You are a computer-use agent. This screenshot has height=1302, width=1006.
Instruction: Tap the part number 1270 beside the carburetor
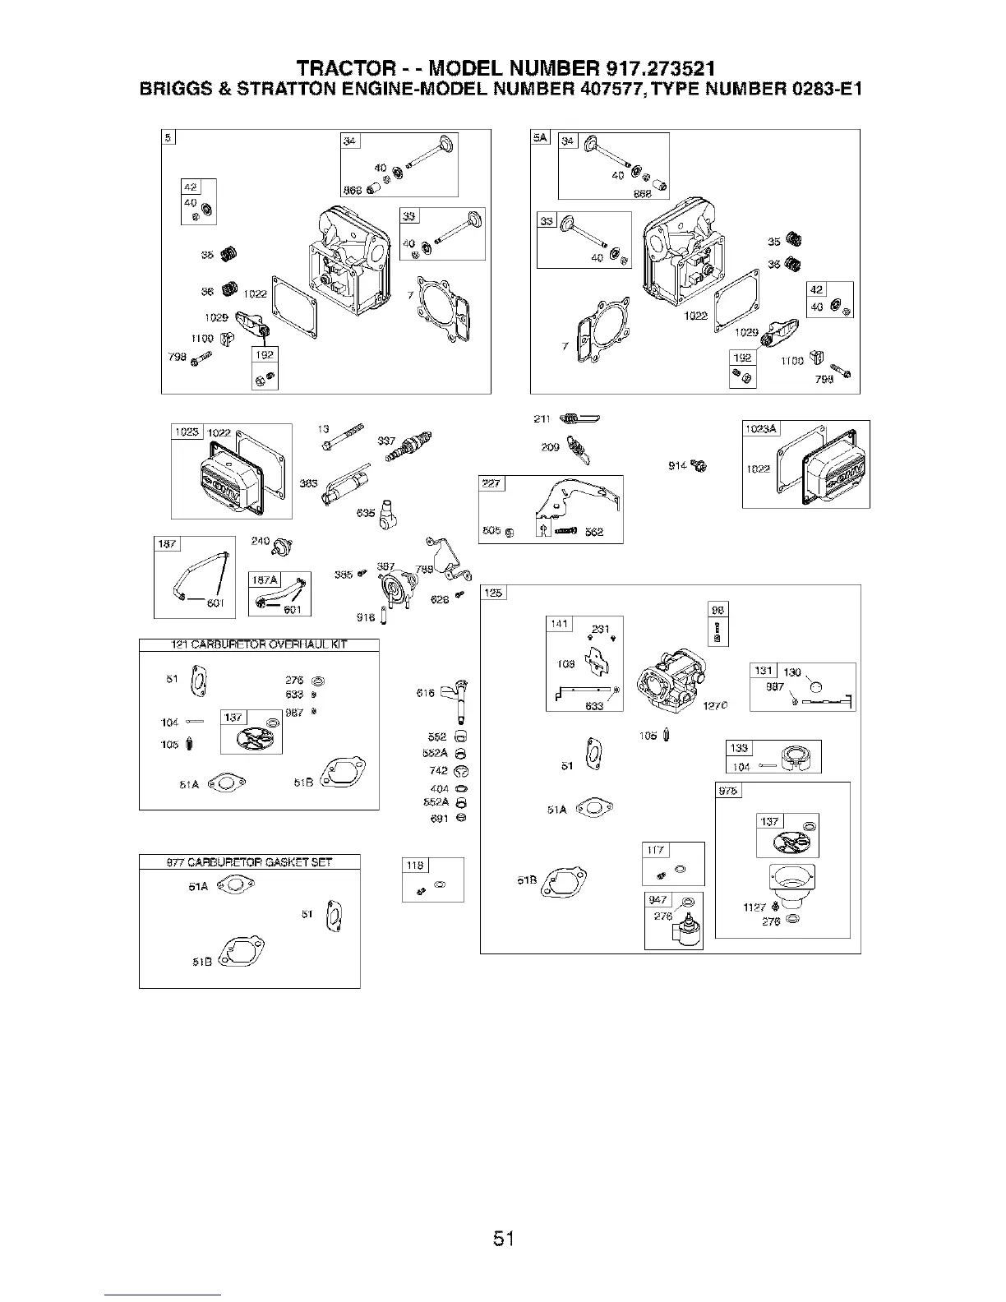tap(713, 704)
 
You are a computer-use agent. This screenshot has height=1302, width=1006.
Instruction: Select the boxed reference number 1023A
tap(761, 428)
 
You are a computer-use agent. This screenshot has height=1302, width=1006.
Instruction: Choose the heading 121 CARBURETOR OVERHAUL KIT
tap(258, 644)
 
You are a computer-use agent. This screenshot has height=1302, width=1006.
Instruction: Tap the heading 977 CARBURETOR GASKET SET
tap(249, 862)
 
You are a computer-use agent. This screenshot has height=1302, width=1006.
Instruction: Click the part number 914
tap(678, 466)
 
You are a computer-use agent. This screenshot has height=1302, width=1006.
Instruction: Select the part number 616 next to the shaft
tap(426, 694)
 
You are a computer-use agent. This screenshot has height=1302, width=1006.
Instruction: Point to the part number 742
tap(438, 770)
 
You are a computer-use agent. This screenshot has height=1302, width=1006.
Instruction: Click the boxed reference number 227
tap(491, 483)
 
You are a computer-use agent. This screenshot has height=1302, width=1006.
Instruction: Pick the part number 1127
tap(754, 907)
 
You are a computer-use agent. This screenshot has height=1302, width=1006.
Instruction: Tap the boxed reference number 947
tap(658, 899)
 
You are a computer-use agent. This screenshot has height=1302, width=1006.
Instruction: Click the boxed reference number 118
tap(416, 865)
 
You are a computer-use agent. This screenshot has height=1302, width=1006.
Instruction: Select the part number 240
tap(261, 542)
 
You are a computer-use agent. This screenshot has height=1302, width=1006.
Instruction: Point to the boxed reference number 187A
tap(265, 580)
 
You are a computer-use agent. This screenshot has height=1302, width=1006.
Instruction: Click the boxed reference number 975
tap(728, 791)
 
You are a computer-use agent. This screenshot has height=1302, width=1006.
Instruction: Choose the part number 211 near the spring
tap(542, 420)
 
